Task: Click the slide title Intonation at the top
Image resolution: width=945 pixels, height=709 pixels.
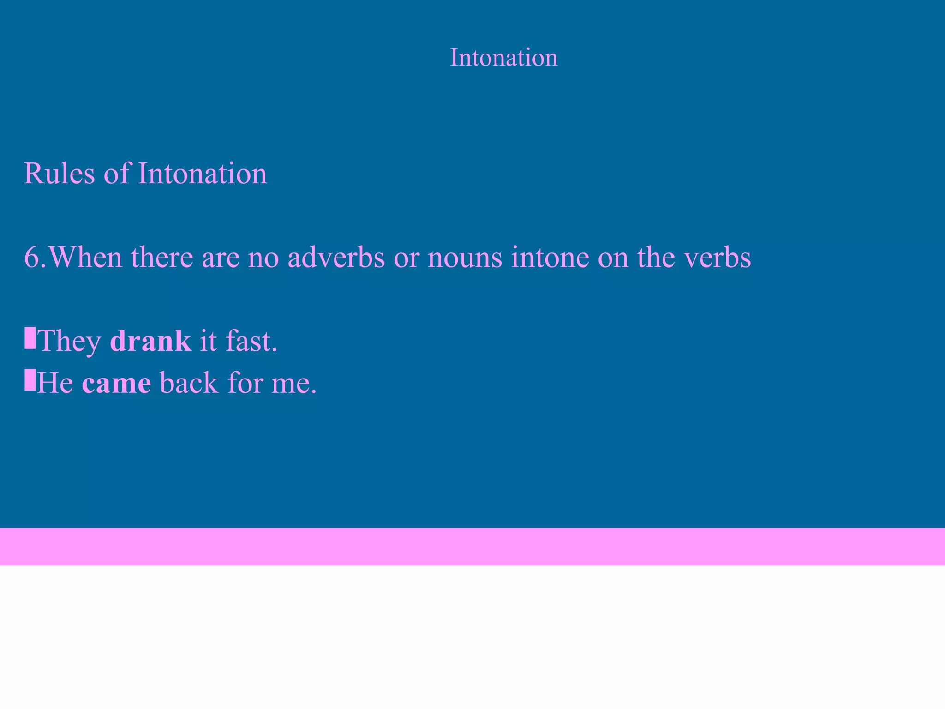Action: click(503, 58)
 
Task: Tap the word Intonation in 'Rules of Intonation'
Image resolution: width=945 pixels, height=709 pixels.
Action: click(202, 174)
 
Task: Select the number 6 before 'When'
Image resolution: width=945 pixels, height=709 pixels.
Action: click(32, 257)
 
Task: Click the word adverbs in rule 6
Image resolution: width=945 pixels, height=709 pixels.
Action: click(336, 257)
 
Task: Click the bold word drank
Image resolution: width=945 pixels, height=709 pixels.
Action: click(150, 341)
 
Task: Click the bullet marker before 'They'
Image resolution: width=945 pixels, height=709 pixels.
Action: click(30, 338)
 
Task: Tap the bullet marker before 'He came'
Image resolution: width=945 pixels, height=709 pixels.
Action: click(30, 380)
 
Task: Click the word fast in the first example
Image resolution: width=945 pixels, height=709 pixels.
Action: click(251, 341)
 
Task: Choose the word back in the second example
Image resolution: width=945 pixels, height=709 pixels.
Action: click(189, 383)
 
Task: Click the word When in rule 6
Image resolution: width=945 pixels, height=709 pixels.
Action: click(85, 257)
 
